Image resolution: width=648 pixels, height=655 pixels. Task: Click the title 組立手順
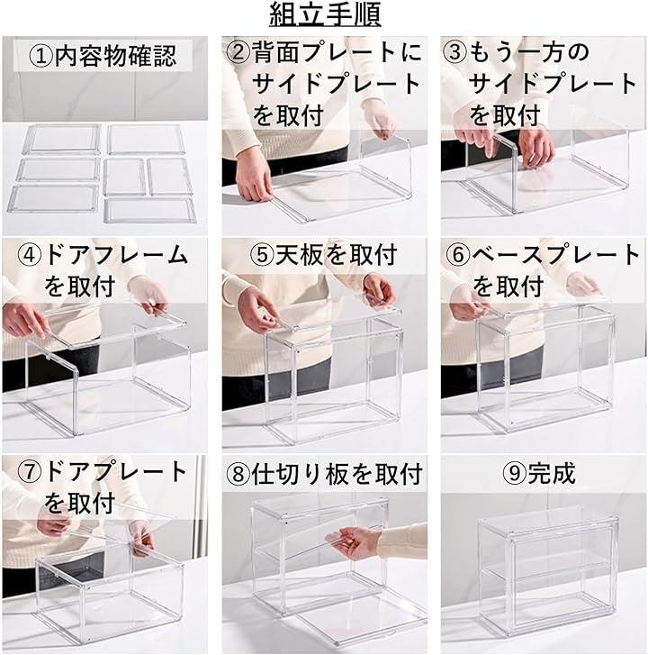click(325, 14)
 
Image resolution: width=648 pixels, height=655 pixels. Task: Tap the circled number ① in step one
click(41, 57)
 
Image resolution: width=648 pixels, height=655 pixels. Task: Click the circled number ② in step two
click(238, 52)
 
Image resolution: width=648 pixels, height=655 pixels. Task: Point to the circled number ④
click(30, 255)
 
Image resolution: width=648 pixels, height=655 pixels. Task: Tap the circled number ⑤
click(262, 255)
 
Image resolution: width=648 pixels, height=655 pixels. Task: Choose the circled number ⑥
click(458, 255)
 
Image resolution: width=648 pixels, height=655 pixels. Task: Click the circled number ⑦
click(30, 471)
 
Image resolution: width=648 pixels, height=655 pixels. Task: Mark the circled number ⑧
click(238, 474)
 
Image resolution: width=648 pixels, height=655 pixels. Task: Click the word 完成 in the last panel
click(551, 473)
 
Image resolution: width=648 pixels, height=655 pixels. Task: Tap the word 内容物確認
click(115, 57)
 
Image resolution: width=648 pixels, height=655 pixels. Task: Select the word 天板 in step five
click(299, 255)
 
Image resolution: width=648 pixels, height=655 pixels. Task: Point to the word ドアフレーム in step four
click(115, 255)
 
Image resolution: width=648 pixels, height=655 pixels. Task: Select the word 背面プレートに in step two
click(337, 52)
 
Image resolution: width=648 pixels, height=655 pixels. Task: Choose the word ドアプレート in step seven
click(115, 471)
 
